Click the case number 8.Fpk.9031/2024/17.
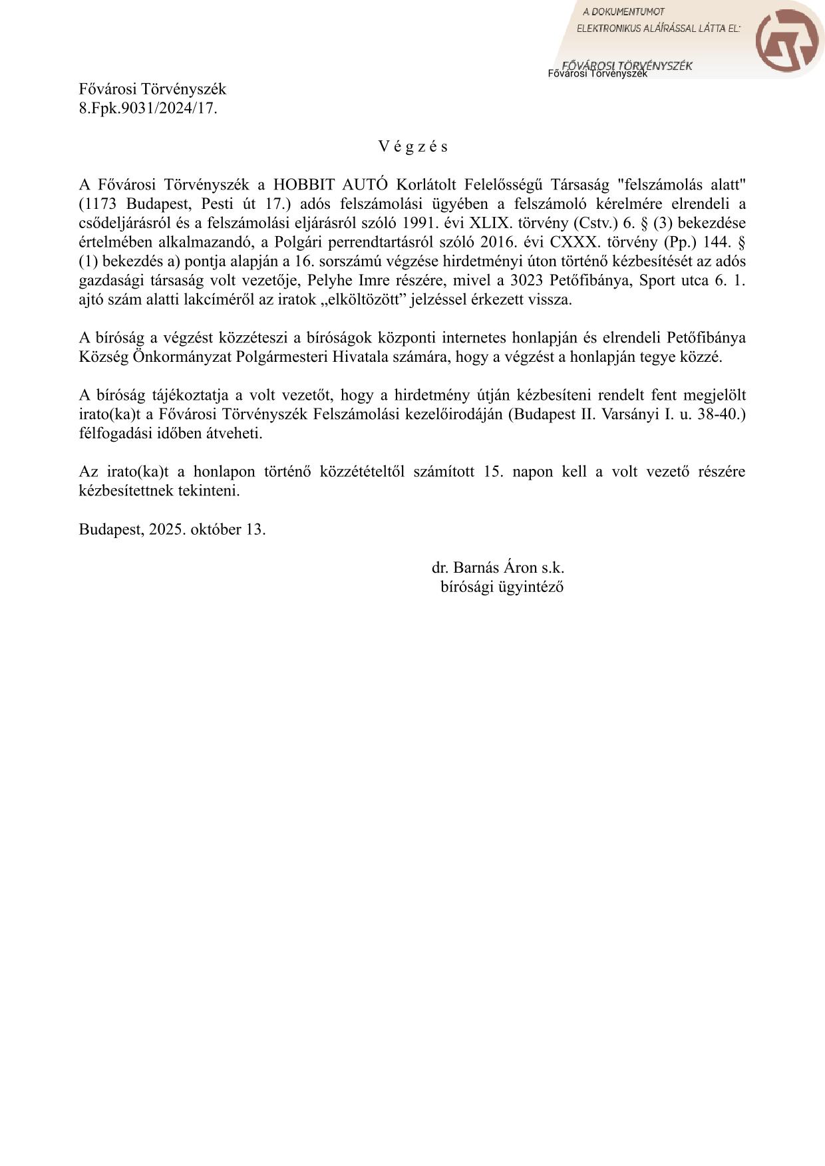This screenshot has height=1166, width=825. tap(148, 108)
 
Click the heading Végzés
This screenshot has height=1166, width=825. tap(413, 146)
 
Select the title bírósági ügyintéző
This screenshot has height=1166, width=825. tap(502, 587)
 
